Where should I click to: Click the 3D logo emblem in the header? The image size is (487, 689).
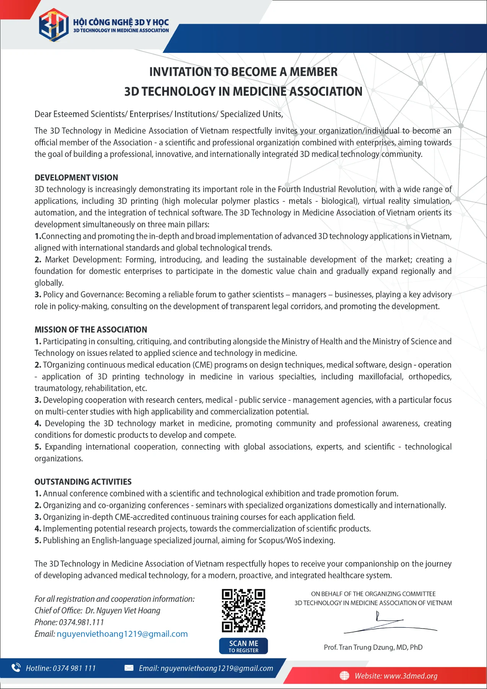pos(54,25)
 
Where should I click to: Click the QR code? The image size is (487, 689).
pos(243,611)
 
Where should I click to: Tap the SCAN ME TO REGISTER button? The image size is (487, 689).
pos(243,646)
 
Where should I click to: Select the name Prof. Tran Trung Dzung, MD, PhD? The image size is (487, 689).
pos(373,647)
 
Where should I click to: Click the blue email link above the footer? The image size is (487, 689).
pos(122,634)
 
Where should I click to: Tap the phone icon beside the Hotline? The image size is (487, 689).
pos(16,668)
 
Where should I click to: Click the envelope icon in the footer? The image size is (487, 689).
pos(129,668)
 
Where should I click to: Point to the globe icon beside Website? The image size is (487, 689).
pos(344,676)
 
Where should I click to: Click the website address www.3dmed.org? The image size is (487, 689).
pos(410,676)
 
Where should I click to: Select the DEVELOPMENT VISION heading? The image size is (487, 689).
pos(76,178)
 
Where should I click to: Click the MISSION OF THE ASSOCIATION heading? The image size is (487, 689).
pos(91,330)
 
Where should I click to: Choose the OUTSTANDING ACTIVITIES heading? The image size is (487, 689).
pos(83,482)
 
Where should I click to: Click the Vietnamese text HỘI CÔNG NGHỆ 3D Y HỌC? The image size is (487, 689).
pos(121,22)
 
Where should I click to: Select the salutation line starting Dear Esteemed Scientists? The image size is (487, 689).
pos(159,114)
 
